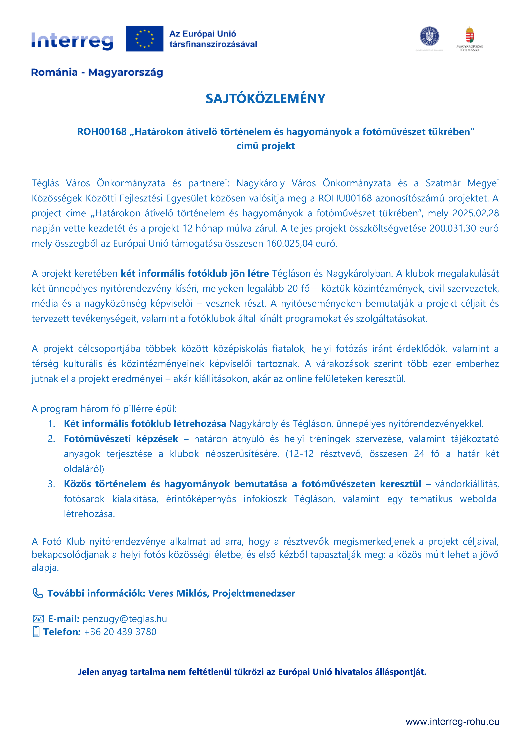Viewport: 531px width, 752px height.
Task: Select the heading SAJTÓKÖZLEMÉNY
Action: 265,99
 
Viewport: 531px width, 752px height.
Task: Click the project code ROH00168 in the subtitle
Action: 102,132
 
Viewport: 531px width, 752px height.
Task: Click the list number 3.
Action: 51,484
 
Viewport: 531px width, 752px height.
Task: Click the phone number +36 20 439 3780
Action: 120,632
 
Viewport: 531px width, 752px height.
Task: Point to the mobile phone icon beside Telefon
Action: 36,632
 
